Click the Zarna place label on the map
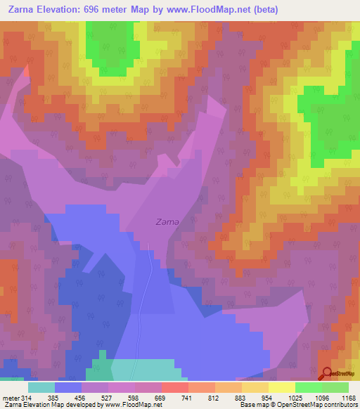[167, 222]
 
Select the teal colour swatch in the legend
[41, 387]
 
